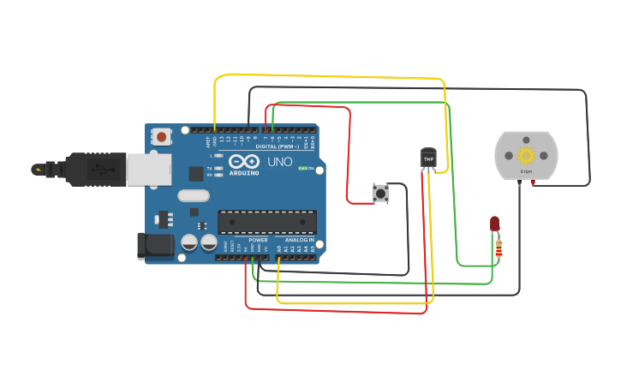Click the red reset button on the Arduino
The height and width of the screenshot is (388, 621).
coord(161,135)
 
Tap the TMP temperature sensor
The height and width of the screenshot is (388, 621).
coord(428,158)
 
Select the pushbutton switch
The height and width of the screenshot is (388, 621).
coord(379,194)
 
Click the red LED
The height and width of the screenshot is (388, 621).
coord(495,224)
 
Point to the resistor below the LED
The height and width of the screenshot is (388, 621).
coord(499,250)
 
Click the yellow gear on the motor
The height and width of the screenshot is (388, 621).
coord(526,156)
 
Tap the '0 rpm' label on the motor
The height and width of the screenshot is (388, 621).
coord(526,172)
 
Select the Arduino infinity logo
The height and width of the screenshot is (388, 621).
coord(243,162)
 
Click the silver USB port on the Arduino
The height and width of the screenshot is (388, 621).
coord(149,170)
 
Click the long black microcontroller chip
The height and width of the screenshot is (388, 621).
coord(266,222)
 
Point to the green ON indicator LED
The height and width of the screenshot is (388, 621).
coord(302,168)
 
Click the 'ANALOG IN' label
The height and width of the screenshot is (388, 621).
coord(300,241)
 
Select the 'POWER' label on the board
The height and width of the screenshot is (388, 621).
coord(258,241)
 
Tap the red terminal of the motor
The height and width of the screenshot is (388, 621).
coord(533,183)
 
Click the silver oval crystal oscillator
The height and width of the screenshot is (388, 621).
coord(194,195)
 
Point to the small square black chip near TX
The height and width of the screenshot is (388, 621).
coord(196,173)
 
